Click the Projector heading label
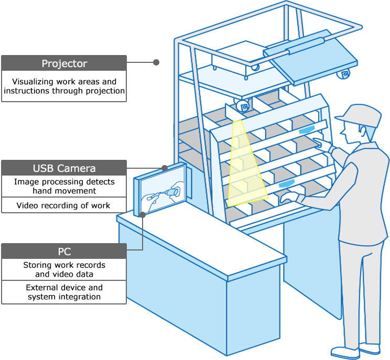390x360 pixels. click(x=64, y=63)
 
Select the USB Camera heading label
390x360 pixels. click(x=64, y=168)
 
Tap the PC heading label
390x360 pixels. click(x=64, y=252)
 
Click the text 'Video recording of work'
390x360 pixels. click(x=63, y=205)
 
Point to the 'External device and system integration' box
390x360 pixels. click(x=64, y=292)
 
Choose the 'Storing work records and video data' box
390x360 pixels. click(x=64, y=269)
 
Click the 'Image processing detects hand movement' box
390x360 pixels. click(x=64, y=186)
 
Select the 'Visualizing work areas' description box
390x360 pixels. click(x=64, y=86)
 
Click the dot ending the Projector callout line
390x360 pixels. click(x=156, y=62)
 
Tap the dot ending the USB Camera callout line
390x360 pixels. click(x=165, y=168)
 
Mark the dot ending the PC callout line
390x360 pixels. click(x=143, y=214)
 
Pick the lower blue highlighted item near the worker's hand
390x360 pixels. click(x=286, y=184)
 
